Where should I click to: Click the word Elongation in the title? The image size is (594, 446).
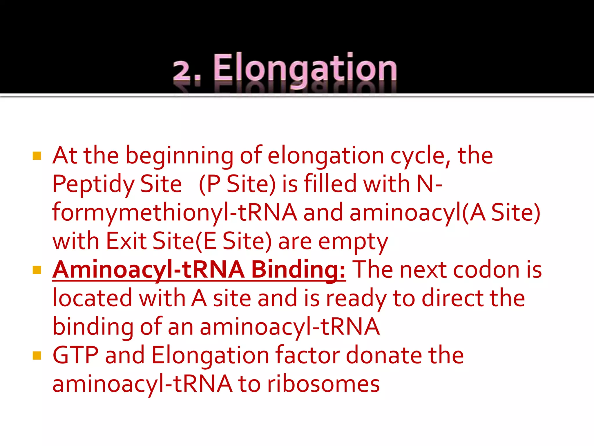click(305, 68)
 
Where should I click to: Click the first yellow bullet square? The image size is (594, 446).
click(37, 156)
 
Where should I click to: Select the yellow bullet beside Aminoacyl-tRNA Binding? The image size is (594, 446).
click(37, 270)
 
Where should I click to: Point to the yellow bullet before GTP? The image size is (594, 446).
click(37, 355)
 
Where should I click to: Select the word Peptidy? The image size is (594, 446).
click(93, 184)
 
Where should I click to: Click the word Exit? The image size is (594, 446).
click(126, 241)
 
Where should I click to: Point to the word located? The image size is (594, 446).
click(92, 298)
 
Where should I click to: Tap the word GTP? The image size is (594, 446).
click(75, 355)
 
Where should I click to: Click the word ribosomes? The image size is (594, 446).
click(323, 384)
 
